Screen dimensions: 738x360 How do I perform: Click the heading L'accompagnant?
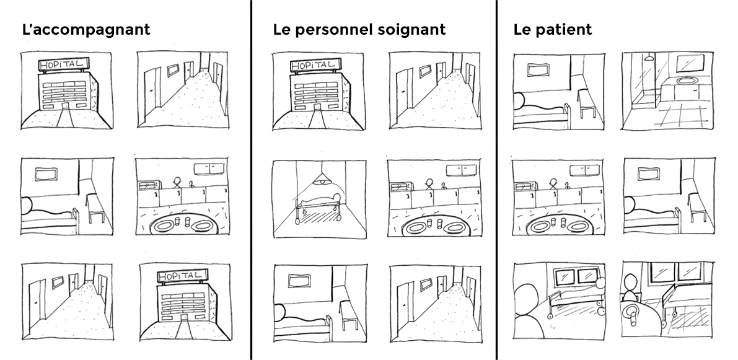86,30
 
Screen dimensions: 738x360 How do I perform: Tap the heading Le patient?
553,30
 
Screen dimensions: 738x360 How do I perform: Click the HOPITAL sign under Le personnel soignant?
314,64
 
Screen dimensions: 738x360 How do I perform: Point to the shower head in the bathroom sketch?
649,58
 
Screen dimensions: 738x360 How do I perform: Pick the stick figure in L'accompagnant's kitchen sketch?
177,183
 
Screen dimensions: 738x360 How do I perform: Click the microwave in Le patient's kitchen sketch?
524,187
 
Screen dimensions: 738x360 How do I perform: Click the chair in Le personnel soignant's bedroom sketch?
349,318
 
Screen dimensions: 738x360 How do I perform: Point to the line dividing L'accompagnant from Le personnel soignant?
251,180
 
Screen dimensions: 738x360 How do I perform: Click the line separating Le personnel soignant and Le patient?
496,180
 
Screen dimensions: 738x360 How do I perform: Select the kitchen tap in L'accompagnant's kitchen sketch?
191,185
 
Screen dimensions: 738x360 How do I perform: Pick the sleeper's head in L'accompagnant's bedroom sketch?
26,206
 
